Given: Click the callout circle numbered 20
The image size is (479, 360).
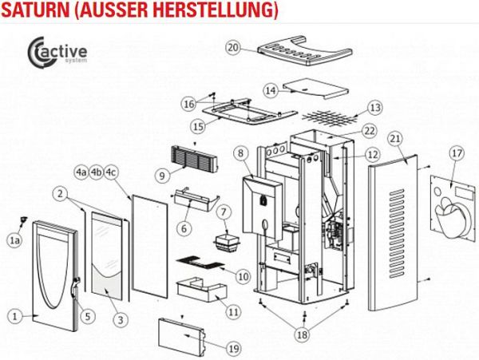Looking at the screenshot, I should [x=233, y=48].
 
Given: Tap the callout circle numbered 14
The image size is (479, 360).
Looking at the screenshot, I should [x=271, y=90].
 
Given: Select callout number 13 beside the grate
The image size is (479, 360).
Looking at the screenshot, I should [x=374, y=107].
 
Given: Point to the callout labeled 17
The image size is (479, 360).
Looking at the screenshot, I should [x=456, y=152].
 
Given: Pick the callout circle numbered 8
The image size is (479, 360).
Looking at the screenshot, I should [x=239, y=152].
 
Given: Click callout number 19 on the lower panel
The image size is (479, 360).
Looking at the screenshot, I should [x=233, y=348].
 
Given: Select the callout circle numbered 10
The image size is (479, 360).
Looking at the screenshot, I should [x=243, y=276].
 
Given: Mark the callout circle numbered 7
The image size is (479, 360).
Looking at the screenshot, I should [x=224, y=212].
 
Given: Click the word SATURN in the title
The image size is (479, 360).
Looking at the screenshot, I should [x=38, y=11].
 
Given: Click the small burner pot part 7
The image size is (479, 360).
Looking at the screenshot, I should [x=224, y=241].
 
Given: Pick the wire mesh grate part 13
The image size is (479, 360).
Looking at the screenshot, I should [x=331, y=117].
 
